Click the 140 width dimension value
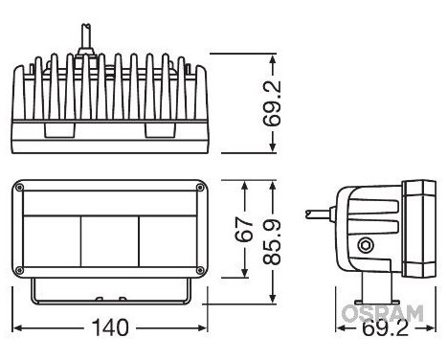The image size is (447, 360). click(x=110, y=327)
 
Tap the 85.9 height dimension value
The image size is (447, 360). click(x=272, y=242)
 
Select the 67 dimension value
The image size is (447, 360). click(x=244, y=229)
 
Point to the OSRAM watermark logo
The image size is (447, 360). click(x=382, y=313)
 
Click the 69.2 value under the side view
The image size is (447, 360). click(x=386, y=328)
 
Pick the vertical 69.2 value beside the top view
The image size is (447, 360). click(x=272, y=102)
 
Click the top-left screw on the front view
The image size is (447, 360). click(x=19, y=188)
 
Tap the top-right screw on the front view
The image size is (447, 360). click(x=200, y=188)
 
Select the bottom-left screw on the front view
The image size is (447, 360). click(x=19, y=270)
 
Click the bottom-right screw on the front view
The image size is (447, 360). click(x=200, y=270)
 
